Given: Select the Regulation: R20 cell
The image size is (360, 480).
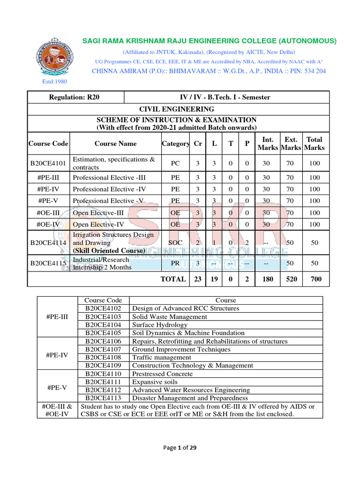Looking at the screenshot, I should point(75,97).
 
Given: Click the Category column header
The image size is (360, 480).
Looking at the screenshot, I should point(175,143).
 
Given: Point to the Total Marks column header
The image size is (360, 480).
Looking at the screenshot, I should point(314,143).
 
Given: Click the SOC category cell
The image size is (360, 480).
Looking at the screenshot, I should point(175,243).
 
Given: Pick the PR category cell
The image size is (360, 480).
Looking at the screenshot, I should point(175,263).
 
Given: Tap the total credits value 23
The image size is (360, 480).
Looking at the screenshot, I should point(198,279).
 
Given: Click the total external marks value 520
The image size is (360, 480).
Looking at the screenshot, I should point(291,279).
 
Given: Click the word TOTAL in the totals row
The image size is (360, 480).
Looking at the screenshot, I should point(173,279).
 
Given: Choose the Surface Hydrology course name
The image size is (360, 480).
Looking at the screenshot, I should point(160,325).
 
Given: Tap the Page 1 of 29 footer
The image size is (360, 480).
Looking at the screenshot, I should point(180,448).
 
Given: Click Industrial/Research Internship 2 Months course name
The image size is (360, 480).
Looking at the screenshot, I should point(102,263).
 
